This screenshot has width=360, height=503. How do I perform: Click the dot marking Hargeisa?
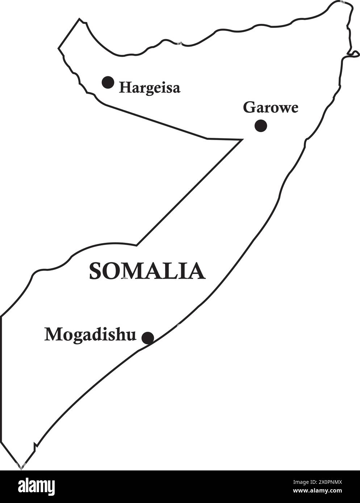pyautogui.click(x=108, y=83)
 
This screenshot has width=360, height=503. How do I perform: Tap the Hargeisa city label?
pyautogui.click(x=150, y=88)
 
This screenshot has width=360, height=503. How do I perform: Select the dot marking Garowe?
pyautogui.click(x=261, y=126)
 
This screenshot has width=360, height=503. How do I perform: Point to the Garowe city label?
pyautogui.click(x=271, y=107)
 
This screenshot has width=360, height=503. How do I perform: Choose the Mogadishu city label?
pyautogui.click(x=90, y=334)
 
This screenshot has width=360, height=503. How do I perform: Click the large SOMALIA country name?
pyautogui.click(x=147, y=271)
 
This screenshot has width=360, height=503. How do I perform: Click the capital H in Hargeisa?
pyautogui.click(x=125, y=87)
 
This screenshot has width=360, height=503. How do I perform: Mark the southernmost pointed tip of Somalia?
pyautogui.click(x=21, y=468)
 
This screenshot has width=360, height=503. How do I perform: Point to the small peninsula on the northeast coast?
pyautogui.click(x=354, y=54)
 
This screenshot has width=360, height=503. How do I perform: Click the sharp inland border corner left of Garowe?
pyautogui.click(x=241, y=139)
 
